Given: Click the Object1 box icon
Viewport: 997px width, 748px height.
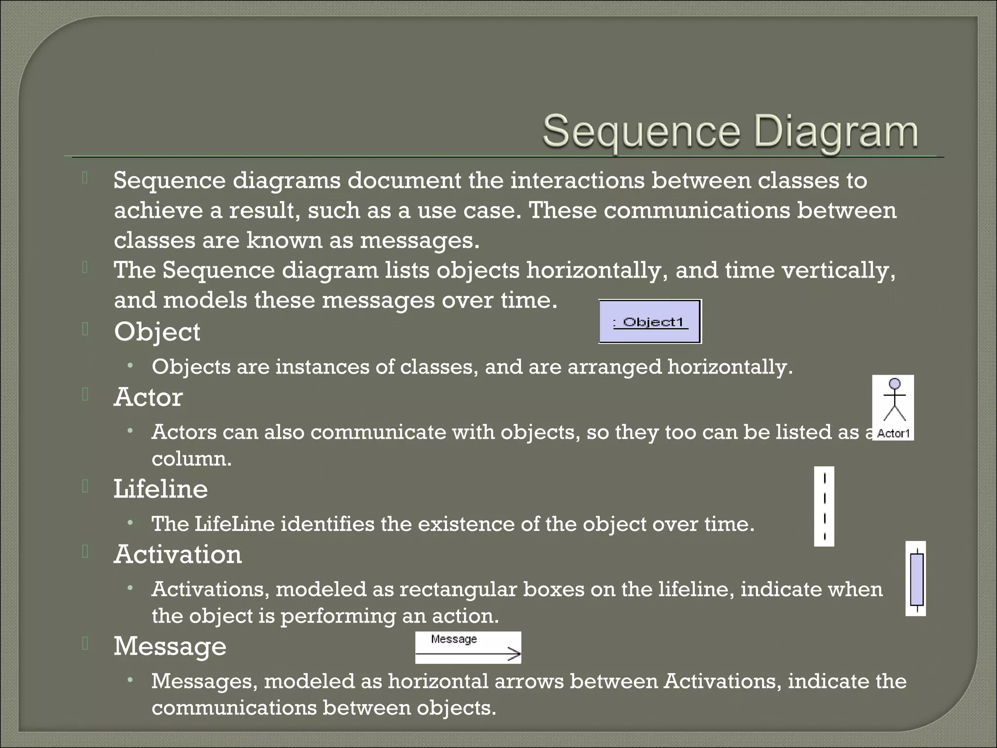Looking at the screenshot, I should [x=650, y=322].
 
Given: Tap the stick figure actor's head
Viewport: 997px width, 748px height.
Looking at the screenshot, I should [x=894, y=384].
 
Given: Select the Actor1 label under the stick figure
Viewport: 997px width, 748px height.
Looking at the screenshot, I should [x=893, y=433].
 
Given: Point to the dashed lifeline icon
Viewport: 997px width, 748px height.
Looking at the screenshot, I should [x=824, y=506].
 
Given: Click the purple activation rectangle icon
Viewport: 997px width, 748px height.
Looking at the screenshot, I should [x=916, y=579].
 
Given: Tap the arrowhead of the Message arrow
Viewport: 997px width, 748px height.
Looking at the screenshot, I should [x=515, y=654].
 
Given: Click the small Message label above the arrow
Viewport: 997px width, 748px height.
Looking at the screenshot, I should [x=454, y=639].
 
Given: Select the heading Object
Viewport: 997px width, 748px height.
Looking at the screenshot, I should [x=157, y=332].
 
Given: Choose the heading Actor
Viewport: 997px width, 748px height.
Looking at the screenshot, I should [x=148, y=397].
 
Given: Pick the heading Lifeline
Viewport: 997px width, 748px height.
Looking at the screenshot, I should [x=161, y=489].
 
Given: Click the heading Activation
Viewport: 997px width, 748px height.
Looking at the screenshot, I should [x=178, y=555].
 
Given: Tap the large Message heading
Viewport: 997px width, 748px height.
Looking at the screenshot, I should [x=170, y=646].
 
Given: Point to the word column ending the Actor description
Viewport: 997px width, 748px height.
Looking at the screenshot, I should [x=191, y=459].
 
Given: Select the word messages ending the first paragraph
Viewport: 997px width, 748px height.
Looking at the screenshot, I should [x=419, y=241].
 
